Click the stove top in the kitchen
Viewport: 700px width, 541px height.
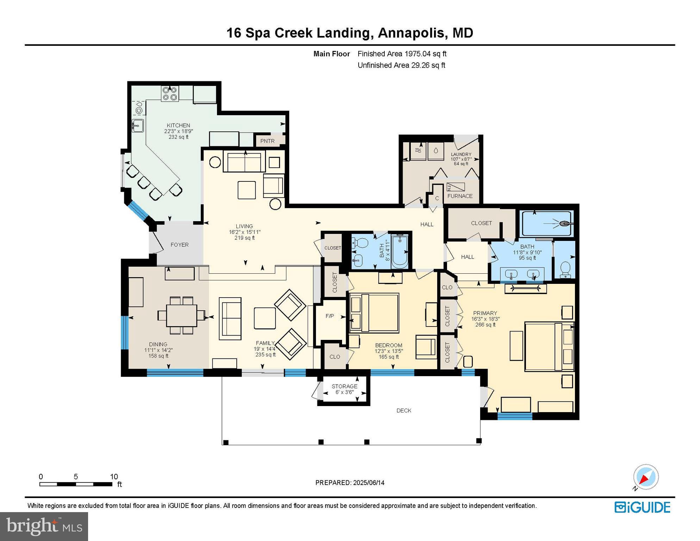coord(170,94)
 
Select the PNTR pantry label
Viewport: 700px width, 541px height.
coord(267,141)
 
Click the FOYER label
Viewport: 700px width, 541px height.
coord(180,245)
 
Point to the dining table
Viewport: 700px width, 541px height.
coord(181,316)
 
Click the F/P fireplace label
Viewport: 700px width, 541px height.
coord(330,316)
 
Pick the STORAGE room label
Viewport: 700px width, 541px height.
coord(345,386)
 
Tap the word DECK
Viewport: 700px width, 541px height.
coord(404,411)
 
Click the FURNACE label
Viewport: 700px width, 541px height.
coord(460,196)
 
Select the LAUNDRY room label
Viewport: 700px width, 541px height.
coord(461,154)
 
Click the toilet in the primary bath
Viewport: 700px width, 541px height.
coord(565,269)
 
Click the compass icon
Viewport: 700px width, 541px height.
coord(646,477)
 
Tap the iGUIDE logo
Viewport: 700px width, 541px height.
coord(643,508)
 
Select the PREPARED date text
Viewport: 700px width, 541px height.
coord(350,483)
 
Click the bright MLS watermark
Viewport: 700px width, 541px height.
coord(44,526)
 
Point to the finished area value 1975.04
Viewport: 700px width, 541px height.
coord(417,54)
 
